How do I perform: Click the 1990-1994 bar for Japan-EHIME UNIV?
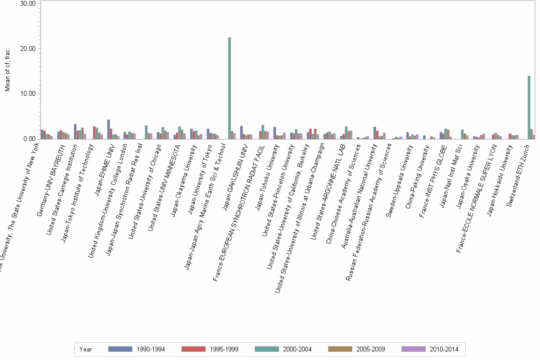click(x=109, y=129)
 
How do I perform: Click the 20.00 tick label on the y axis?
click(x=28, y=49)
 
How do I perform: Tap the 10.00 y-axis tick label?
click(x=28, y=94)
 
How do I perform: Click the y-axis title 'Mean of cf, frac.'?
click(x=7, y=71)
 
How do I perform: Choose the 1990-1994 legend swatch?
click(x=120, y=349)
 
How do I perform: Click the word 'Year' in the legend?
click(x=86, y=349)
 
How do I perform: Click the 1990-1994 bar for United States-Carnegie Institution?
click(x=75, y=131)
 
